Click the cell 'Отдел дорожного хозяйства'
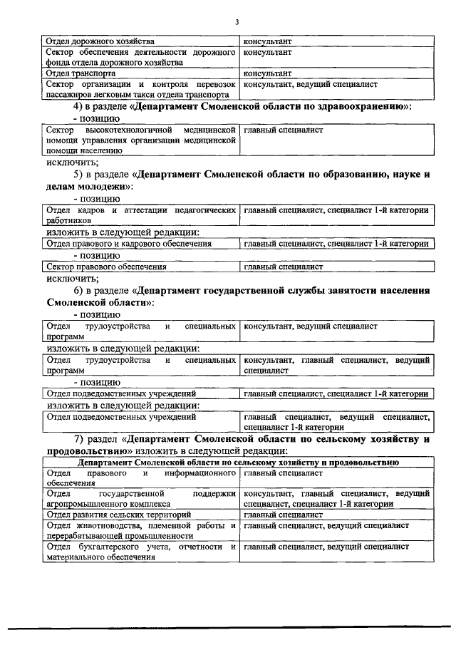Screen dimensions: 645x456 (x=100, y=42)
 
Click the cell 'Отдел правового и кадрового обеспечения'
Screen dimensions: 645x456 (x=129, y=244)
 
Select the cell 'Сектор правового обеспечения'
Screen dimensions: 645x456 (x=106, y=267)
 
